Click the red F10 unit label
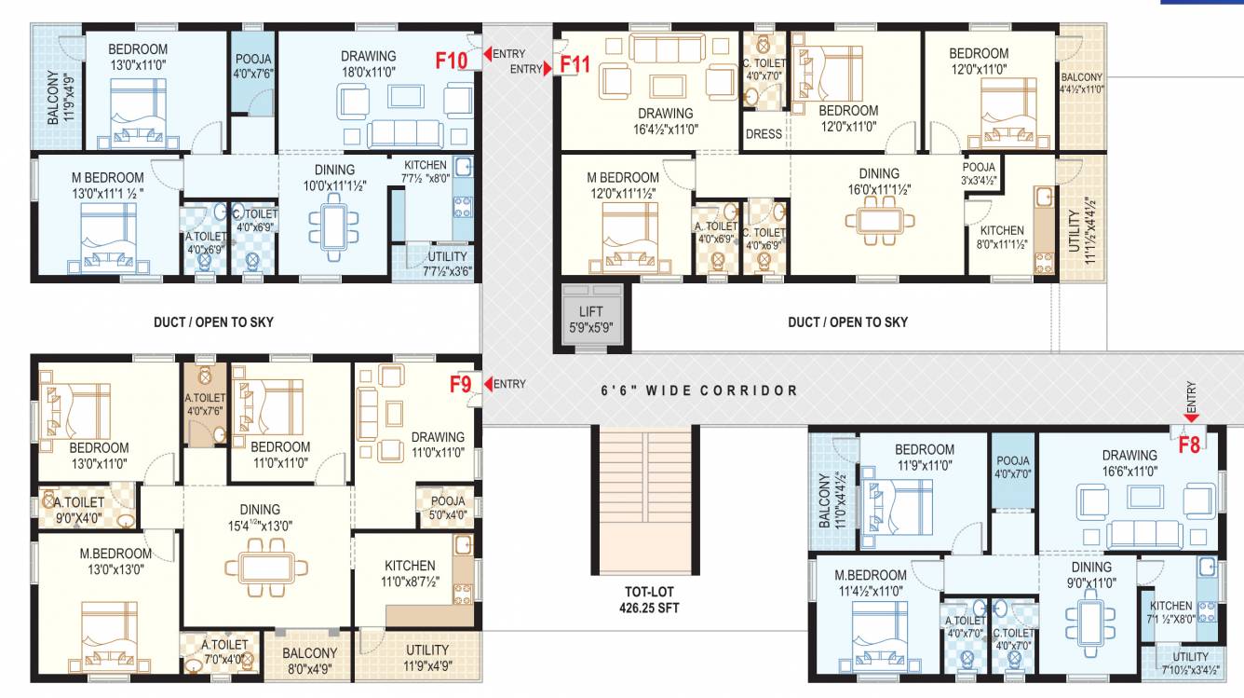tap(451, 60)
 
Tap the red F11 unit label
tap(575, 64)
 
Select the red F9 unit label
tap(460, 384)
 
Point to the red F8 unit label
tap(1189, 445)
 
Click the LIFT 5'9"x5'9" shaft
tap(591, 319)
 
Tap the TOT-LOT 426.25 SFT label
tap(649, 599)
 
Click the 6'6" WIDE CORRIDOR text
tap(699, 390)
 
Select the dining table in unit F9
tap(266, 568)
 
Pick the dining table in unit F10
tap(333, 226)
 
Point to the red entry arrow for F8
tap(1191, 417)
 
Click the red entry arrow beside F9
tap(488, 384)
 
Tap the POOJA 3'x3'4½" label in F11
tap(980, 173)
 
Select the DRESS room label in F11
tap(764, 134)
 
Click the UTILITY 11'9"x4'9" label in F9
tap(427, 657)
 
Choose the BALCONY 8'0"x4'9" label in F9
tap(309, 661)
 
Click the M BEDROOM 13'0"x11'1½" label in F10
tap(108, 185)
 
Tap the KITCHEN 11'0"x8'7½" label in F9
tap(410, 573)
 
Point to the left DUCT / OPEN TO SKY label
tap(214, 322)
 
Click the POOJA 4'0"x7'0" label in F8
tap(1013, 467)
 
